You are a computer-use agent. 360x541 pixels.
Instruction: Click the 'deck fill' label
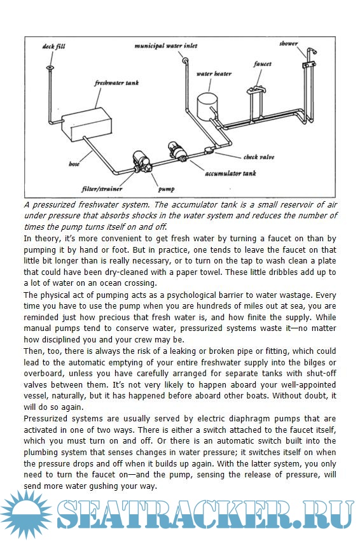(x=53, y=46)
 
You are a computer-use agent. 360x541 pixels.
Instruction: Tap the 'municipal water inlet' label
(x=166, y=46)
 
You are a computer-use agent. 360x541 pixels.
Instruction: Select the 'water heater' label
(x=214, y=74)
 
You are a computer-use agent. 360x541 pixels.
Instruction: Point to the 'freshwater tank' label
(x=116, y=83)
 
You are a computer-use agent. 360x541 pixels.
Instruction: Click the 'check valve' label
(x=259, y=157)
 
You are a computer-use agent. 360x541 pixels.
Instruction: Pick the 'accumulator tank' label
(x=230, y=173)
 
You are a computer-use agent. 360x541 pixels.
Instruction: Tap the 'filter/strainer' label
(x=102, y=189)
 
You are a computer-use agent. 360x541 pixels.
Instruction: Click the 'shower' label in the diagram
(x=289, y=43)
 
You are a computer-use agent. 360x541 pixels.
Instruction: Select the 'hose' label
(x=74, y=164)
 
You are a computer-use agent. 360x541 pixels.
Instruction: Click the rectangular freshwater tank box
(x=87, y=124)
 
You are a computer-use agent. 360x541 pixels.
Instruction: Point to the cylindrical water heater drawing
(x=207, y=106)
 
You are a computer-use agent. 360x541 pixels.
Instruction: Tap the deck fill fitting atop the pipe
(x=50, y=67)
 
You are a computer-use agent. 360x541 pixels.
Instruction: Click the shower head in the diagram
(x=313, y=52)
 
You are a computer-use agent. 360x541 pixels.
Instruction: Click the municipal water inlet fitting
(x=185, y=60)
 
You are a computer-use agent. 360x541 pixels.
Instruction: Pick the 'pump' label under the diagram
(x=166, y=189)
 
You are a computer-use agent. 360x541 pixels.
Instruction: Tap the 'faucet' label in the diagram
(x=263, y=64)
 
